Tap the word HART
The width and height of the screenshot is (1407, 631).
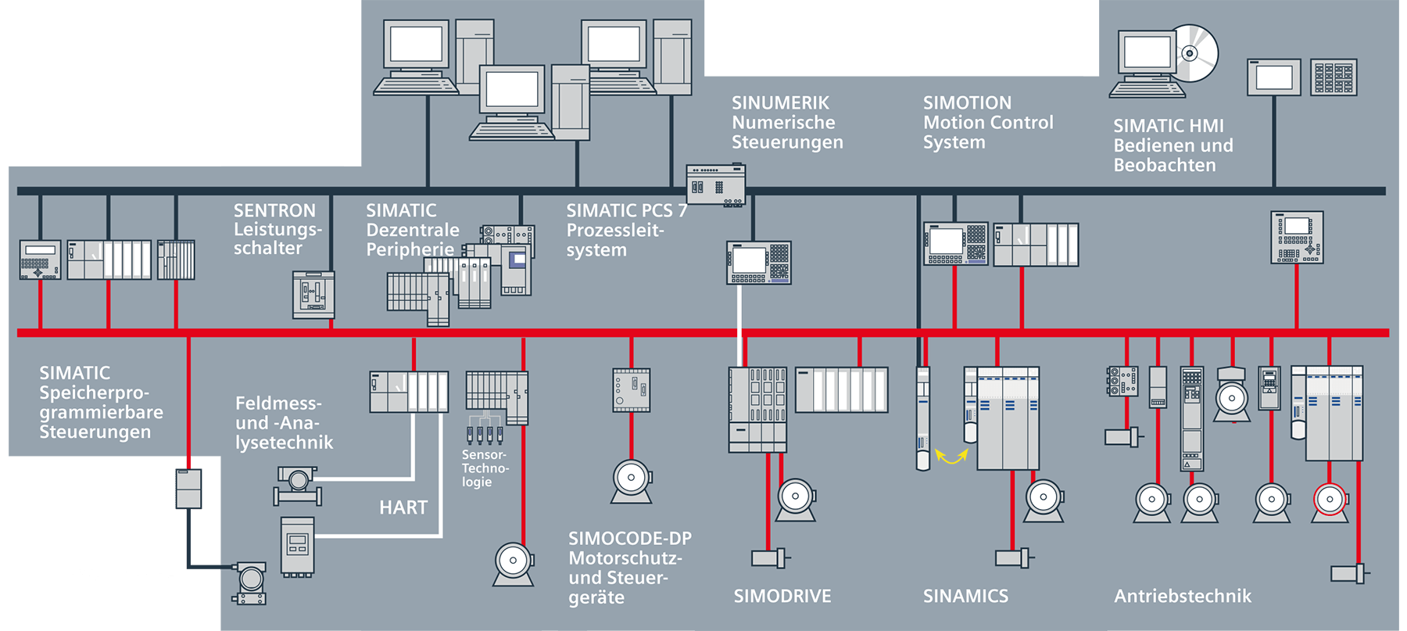click(x=403, y=507)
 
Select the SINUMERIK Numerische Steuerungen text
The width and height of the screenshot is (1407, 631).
click(x=786, y=123)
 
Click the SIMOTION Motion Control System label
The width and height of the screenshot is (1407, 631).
click(x=987, y=123)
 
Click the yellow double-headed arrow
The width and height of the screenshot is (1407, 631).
click(x=951, y=456)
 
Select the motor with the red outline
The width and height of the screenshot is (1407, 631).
click(x=1330, y=500)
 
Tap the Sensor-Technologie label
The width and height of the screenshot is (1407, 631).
click(x=484, y=468)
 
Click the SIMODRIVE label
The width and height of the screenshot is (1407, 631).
click(x=782, y=596)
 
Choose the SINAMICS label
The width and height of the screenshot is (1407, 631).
click(x=965, y=596)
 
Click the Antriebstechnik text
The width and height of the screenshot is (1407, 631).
click(x=1182, y=596)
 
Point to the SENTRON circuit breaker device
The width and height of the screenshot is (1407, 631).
click(x=313, y=295)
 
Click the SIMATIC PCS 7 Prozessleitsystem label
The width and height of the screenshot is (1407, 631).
click(x=625, y=230)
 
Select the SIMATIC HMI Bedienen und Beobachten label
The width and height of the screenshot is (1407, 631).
click(x=1172, y=145)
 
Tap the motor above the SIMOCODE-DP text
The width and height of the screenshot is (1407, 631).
click(x=632, y=480)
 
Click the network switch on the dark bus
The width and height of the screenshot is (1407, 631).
click(x=715, y=185)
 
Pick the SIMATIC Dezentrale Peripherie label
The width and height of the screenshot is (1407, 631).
click(x=412, y=230)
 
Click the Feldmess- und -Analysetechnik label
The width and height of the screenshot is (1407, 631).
click(x=284, y=423)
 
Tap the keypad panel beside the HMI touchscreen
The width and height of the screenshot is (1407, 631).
click(x=1334, y=78)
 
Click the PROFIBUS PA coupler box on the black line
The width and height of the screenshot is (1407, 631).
click(x=188, y=489)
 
